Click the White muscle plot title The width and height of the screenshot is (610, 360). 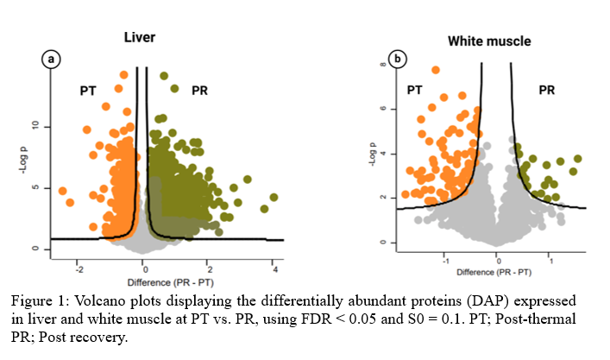488,41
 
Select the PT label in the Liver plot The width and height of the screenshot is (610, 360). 88,90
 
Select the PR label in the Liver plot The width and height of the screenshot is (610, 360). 198,90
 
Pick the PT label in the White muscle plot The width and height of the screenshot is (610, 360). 415,90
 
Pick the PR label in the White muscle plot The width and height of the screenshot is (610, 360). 547,90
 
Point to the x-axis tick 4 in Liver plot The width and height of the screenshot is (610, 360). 274,269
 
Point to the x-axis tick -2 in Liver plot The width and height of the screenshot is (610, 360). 78,269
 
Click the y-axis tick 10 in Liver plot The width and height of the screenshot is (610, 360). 35,126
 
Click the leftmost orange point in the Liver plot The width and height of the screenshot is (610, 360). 62,191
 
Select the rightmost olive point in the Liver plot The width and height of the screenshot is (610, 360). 274,198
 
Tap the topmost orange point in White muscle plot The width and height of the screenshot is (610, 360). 436,70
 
